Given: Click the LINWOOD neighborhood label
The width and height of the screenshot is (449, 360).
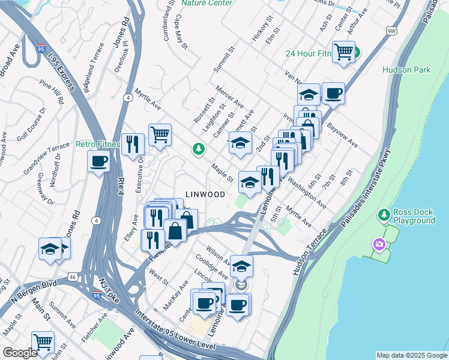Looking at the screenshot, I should click(x=205, y=194).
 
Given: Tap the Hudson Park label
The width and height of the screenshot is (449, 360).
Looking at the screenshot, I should click(x=406, y=70).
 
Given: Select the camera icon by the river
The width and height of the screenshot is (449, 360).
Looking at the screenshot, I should click(x=379, y=244).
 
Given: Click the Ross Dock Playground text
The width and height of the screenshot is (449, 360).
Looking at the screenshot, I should click(x=414, y=216).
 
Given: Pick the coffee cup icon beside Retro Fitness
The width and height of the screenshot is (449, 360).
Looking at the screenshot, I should click(x=98, y=161).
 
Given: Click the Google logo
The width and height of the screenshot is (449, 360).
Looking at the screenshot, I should click(x=20, y=353).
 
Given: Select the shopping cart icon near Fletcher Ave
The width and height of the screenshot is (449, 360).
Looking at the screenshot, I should click(x=43, y=343).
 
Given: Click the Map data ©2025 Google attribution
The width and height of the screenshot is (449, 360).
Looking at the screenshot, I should click(x=411, y=355).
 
